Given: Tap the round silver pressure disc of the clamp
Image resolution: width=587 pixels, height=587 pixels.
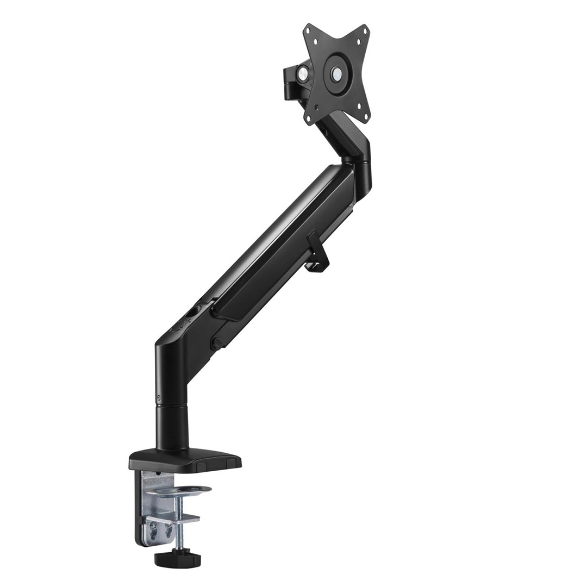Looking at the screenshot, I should tap(184, 491).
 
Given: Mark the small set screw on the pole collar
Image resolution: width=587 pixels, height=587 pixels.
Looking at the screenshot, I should tap(158, 397).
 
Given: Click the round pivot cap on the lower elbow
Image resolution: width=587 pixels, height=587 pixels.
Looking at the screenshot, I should tap(216, 344).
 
